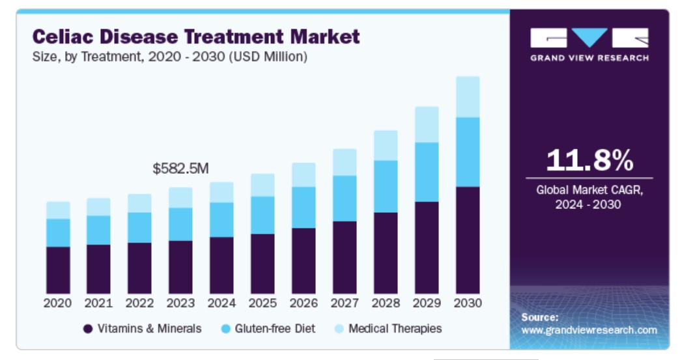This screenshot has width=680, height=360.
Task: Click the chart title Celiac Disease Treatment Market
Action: point(196,36)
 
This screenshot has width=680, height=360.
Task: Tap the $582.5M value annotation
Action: point(180,169)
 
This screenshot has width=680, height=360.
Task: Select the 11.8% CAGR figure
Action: point(589,160)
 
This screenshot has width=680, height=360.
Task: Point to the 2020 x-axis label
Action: point(58,303)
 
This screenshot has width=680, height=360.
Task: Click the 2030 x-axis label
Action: point(468,303)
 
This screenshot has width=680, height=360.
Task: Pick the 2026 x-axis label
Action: point(304,303)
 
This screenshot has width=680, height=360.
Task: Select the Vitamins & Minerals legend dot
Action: point(88,329)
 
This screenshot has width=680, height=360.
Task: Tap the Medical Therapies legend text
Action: point(395,329)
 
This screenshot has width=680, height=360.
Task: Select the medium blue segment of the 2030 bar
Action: point(468,152)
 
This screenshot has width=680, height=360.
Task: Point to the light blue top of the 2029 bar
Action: point(427,124)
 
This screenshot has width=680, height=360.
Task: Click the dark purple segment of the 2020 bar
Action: point(58,270)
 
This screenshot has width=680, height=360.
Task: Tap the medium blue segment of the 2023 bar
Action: point(180,224)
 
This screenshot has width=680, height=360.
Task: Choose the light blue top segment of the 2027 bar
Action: point(345,162)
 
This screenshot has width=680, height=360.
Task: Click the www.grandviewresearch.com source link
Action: point(589,330)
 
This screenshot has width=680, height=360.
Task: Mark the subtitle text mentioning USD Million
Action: point(169,57)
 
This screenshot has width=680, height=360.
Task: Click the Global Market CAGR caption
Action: point(588,197)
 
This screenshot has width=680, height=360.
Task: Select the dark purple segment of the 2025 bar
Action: point(262,263)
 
